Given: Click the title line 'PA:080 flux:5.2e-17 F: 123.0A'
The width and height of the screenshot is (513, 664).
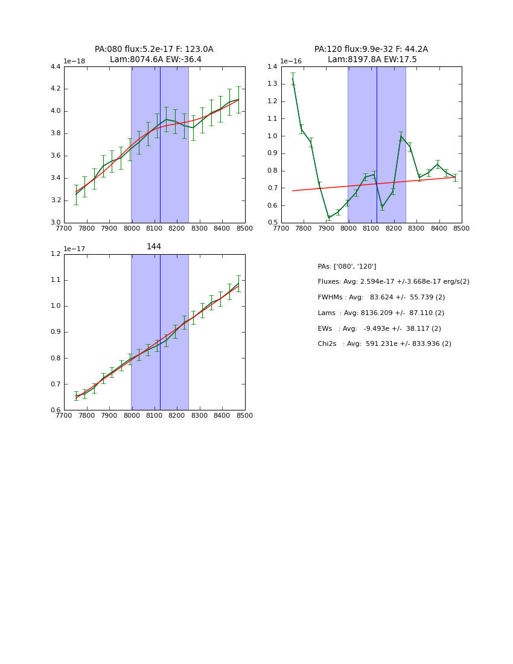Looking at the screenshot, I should point(154,49).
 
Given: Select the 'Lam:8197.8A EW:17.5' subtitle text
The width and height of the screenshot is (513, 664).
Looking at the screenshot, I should point(372,60).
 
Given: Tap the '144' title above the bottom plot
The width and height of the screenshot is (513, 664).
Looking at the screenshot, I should point(154,247).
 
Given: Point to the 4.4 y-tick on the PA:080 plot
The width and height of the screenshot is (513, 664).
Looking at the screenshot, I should point(55,67).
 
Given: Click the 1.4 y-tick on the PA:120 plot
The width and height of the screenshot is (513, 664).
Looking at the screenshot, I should point(272,67).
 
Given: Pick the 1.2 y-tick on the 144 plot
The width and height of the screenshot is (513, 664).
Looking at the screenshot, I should point(55,254).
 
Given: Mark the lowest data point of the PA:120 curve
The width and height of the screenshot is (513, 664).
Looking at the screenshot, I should point(329,217).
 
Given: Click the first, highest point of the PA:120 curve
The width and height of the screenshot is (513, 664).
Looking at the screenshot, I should point(293,78).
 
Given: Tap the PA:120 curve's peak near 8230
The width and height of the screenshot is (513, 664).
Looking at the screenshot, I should point(400,136).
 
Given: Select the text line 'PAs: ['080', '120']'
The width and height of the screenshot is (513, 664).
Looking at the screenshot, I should point(347,267).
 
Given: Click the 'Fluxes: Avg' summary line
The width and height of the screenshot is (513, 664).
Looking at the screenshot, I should point(394,282).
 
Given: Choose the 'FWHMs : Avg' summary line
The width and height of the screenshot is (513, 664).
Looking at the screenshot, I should point(381,298).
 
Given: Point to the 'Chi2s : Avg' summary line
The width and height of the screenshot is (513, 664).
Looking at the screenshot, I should point(384,344).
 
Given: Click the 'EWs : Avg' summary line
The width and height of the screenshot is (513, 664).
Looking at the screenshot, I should point(379,329).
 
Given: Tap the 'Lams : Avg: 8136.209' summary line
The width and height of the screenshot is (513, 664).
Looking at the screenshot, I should point(381,313).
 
